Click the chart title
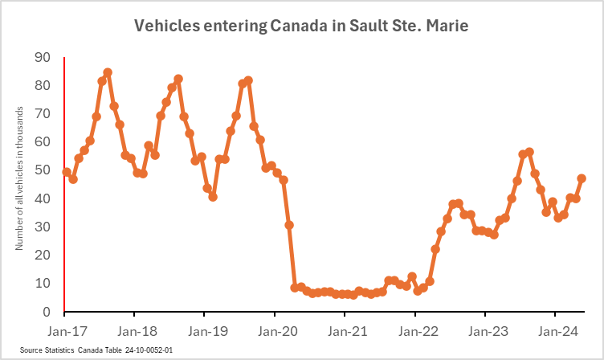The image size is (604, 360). pyautogui.click(x=301, y=27)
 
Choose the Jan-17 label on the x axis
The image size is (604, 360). pyautogui.click(x=65, y=329)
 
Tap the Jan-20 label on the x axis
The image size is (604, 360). pyautogui.click(x=275, y=329)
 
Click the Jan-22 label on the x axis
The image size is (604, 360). pyautogui.click(x=415, y=329)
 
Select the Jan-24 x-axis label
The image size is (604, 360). pyautogui.click(x=556, y=329)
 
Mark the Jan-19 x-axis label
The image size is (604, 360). pyautogui.click(x=205, y=329)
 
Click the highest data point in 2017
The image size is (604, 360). pyautogui.click(x=108, y=72)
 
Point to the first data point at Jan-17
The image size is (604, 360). pyautogui.click(x=67, y=172)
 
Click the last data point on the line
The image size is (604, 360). pyautogui.click(x=582, y=178)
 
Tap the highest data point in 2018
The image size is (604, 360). pyautogui.click(x=178, y=79)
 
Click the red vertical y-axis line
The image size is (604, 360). pyautogui.click(x=64, y=185)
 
